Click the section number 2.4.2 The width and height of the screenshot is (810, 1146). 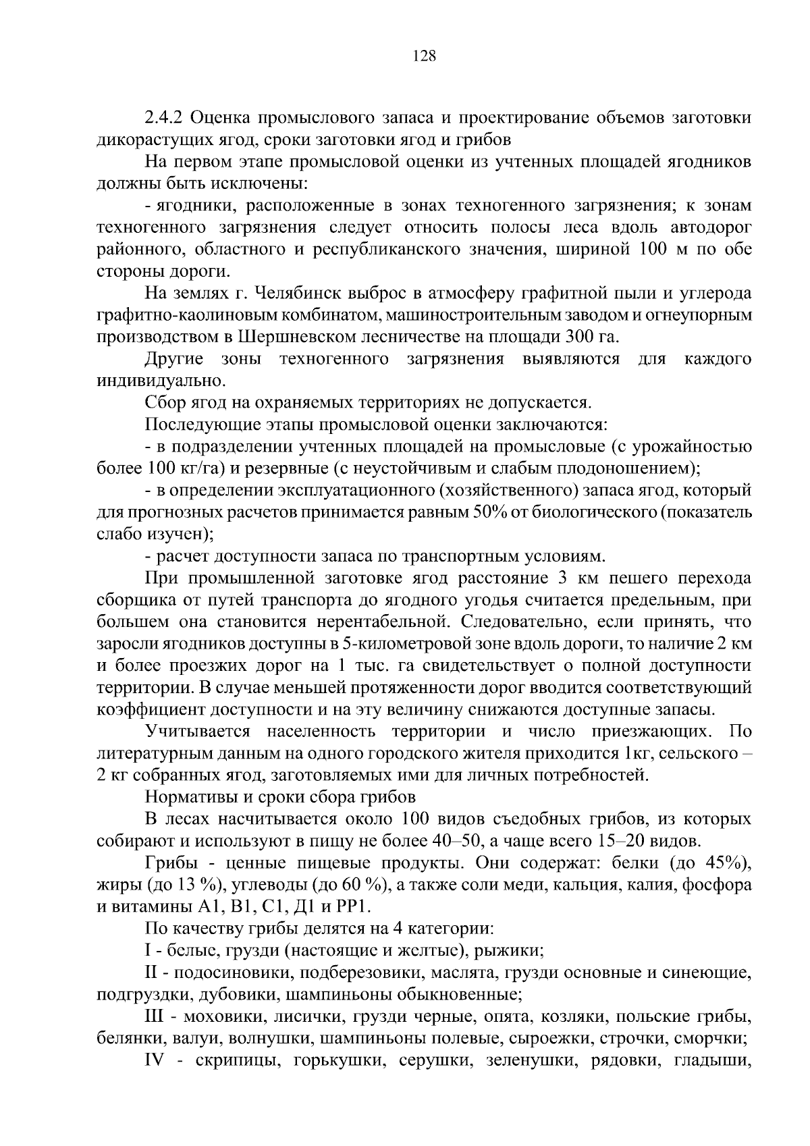(164, 118)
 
